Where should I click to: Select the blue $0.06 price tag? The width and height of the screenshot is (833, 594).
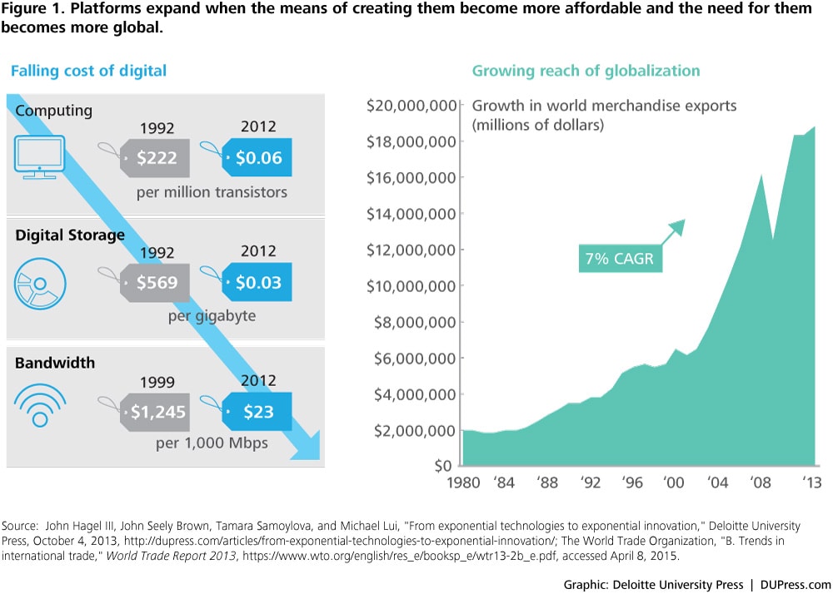click(257, 158)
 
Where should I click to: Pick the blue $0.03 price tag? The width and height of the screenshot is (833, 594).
click(257, 282)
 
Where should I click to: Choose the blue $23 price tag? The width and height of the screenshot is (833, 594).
click(257, 410)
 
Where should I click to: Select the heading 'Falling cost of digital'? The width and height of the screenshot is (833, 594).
click(88, 71)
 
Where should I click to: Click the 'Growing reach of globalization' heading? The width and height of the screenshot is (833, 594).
click(586, 71)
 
